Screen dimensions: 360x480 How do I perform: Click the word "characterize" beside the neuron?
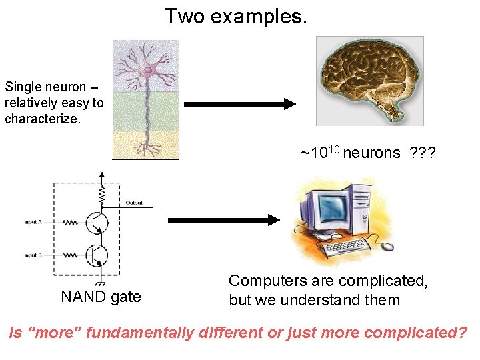tap(41, 119)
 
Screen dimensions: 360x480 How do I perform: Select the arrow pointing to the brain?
tap(239, 104)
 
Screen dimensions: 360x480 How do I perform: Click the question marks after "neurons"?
tap(423, 153)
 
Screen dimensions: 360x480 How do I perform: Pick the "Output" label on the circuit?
tap(134, 203)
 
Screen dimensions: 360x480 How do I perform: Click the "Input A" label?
tap(33, 222)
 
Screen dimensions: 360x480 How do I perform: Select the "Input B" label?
tap(33, 255)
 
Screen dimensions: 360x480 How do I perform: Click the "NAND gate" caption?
tap(101, 297)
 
